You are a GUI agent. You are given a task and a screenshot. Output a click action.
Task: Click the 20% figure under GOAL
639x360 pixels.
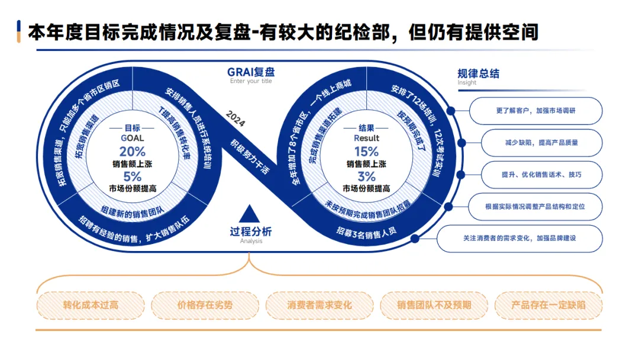pos(132,151)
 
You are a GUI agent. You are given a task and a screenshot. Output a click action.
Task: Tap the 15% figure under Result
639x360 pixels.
pos(366,151)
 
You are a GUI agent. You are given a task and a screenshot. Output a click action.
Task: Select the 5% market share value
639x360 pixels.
pos(132,176)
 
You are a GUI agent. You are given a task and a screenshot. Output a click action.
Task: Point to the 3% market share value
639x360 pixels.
pos(366,176)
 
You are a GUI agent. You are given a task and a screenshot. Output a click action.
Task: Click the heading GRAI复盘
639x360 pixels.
pos(251,72)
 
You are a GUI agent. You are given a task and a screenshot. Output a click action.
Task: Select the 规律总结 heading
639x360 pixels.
pos(478,74)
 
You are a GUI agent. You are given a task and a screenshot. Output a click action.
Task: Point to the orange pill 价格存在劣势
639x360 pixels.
pos(205,306)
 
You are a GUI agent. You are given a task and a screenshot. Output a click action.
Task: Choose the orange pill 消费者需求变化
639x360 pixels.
pos(319,306)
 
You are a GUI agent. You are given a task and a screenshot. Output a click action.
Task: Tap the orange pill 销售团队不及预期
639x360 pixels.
pos(434,306)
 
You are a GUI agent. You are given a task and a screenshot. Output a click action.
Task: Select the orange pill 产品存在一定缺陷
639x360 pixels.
pos(548,306)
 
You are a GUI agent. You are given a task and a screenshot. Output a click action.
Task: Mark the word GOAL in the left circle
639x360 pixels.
pos(132,138)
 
